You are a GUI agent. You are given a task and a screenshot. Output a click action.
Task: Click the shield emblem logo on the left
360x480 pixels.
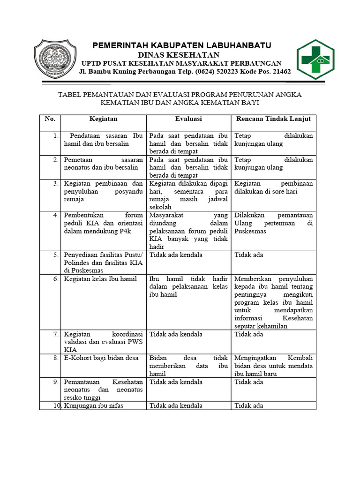click(x=55, y=60)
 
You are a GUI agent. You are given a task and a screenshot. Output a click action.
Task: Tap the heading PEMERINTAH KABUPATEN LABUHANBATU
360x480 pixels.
click(x=181, y=45)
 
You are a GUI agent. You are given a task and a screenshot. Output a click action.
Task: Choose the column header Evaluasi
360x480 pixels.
click(x=188, y=119)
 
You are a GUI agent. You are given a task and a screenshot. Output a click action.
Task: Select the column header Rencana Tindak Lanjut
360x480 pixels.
click(x=273, y=119)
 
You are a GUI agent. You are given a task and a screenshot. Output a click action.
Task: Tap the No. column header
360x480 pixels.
click(x=50, y=119)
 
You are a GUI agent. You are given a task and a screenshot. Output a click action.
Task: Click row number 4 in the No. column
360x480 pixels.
click(x=55, y=215)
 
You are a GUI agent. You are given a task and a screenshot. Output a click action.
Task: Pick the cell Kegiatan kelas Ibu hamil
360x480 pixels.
click(x=100, y=279)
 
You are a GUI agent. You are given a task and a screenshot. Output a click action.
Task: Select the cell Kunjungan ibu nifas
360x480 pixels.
click(x=94, y=405)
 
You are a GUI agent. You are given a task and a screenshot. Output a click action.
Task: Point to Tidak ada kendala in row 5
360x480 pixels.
click(x=176, y=255)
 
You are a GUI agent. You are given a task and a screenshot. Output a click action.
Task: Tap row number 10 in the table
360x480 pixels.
click(x=56, y=405)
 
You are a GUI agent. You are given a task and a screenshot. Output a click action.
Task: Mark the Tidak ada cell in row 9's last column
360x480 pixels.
click(x=248, y=382)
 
